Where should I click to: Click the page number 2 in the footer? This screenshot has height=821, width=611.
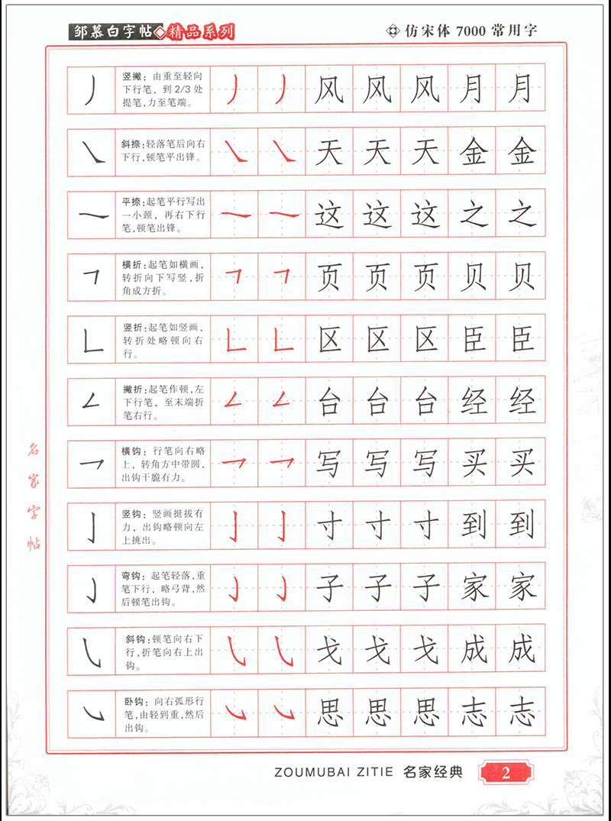click(505, 772)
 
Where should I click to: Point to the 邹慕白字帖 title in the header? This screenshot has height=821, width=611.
click(112, 31)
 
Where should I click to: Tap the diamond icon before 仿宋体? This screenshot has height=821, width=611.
click(394, 31)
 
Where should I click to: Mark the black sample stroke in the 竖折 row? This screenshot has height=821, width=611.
click(93, 340)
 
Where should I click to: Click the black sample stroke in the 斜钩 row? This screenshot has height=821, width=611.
click(92, 652)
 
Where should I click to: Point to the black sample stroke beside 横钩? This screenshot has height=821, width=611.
click(92, 462)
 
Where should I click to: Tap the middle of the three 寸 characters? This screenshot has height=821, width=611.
click(377, 525)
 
